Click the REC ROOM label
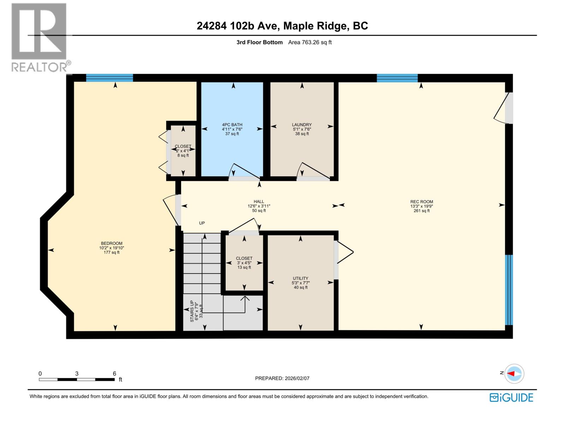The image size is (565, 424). tap(422, 202)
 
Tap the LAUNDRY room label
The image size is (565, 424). tap(302, 125)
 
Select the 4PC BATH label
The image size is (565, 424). tap(232, 125)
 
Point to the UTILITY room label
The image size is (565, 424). tap(301, 278)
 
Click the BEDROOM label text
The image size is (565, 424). tap(112, 243)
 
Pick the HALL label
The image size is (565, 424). tap(259, 202)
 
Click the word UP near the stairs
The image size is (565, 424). tap(202, 223)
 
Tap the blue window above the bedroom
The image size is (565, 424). tap(109, 78)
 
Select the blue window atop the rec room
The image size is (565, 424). tap(397, 78)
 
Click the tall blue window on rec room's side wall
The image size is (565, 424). tap(509, 290)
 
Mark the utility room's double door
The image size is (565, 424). tap(344, 252)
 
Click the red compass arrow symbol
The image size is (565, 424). tap(512, 373)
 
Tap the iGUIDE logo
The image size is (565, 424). tap(511, 397)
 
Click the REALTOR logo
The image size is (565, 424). tap(39, 37)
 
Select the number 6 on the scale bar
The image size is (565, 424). tap(114, 373)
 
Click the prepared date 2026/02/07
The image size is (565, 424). tap(297, 378)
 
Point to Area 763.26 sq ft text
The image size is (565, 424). tap(310, 42)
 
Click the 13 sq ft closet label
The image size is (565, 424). tap(244, 267)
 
